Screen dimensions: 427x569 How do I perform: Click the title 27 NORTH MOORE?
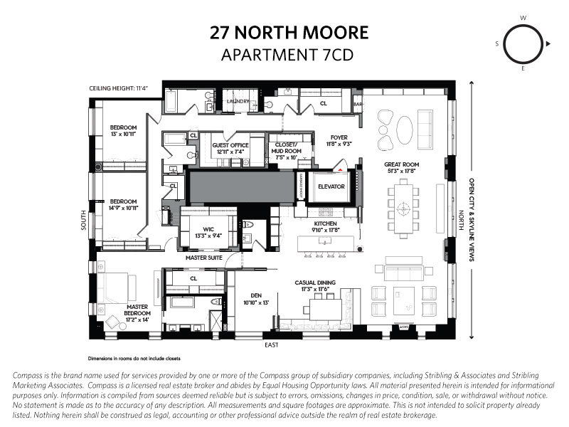coord(289,33)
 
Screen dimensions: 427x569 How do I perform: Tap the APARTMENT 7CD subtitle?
coord(289,54)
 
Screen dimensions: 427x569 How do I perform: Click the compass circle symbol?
coord(523,43)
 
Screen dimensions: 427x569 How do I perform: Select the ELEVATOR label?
coord(331,186)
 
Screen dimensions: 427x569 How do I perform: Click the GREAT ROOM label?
coord(403,164)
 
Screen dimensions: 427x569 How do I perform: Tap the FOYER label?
coord(339,139)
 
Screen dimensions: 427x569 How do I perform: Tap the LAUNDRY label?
coord(237,101)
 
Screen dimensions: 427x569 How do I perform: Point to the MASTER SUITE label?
coord(203,257)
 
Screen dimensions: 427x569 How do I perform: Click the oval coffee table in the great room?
coord(403,130)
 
